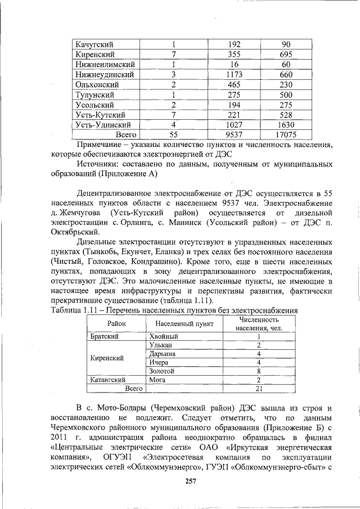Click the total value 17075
[286, 135]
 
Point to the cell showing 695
[286, 55]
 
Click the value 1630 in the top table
[286, 125]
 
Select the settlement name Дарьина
[163, 354]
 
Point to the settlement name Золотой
[162, 371]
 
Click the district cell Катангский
[107, 380]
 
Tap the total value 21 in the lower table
[258, 389]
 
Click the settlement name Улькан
[161, 345]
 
